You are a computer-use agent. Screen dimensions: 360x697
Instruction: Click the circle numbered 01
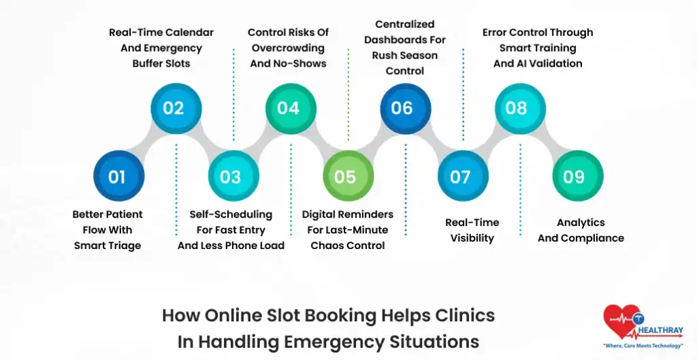pos(117,177)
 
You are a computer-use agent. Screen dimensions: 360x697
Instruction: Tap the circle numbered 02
pos(174,108)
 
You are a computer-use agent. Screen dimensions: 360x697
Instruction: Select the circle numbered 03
pos(231,177)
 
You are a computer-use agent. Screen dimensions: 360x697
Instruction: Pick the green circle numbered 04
pos(288,108)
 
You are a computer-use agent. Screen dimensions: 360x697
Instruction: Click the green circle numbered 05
pos(345,177)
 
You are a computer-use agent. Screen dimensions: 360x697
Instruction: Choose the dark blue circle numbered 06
pos(402,108)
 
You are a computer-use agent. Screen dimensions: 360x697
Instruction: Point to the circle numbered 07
pos(460,177)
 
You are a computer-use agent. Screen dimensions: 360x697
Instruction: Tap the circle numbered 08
pos(517,108)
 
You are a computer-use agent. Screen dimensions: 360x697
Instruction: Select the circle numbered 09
pos(574,177)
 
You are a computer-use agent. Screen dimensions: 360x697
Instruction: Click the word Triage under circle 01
pos(124,246)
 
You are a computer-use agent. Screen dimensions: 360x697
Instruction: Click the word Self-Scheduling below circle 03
pos(231,214)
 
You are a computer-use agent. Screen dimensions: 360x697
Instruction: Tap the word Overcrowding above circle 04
pos(288,48)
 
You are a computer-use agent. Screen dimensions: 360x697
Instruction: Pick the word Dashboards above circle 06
pos(405,39)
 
